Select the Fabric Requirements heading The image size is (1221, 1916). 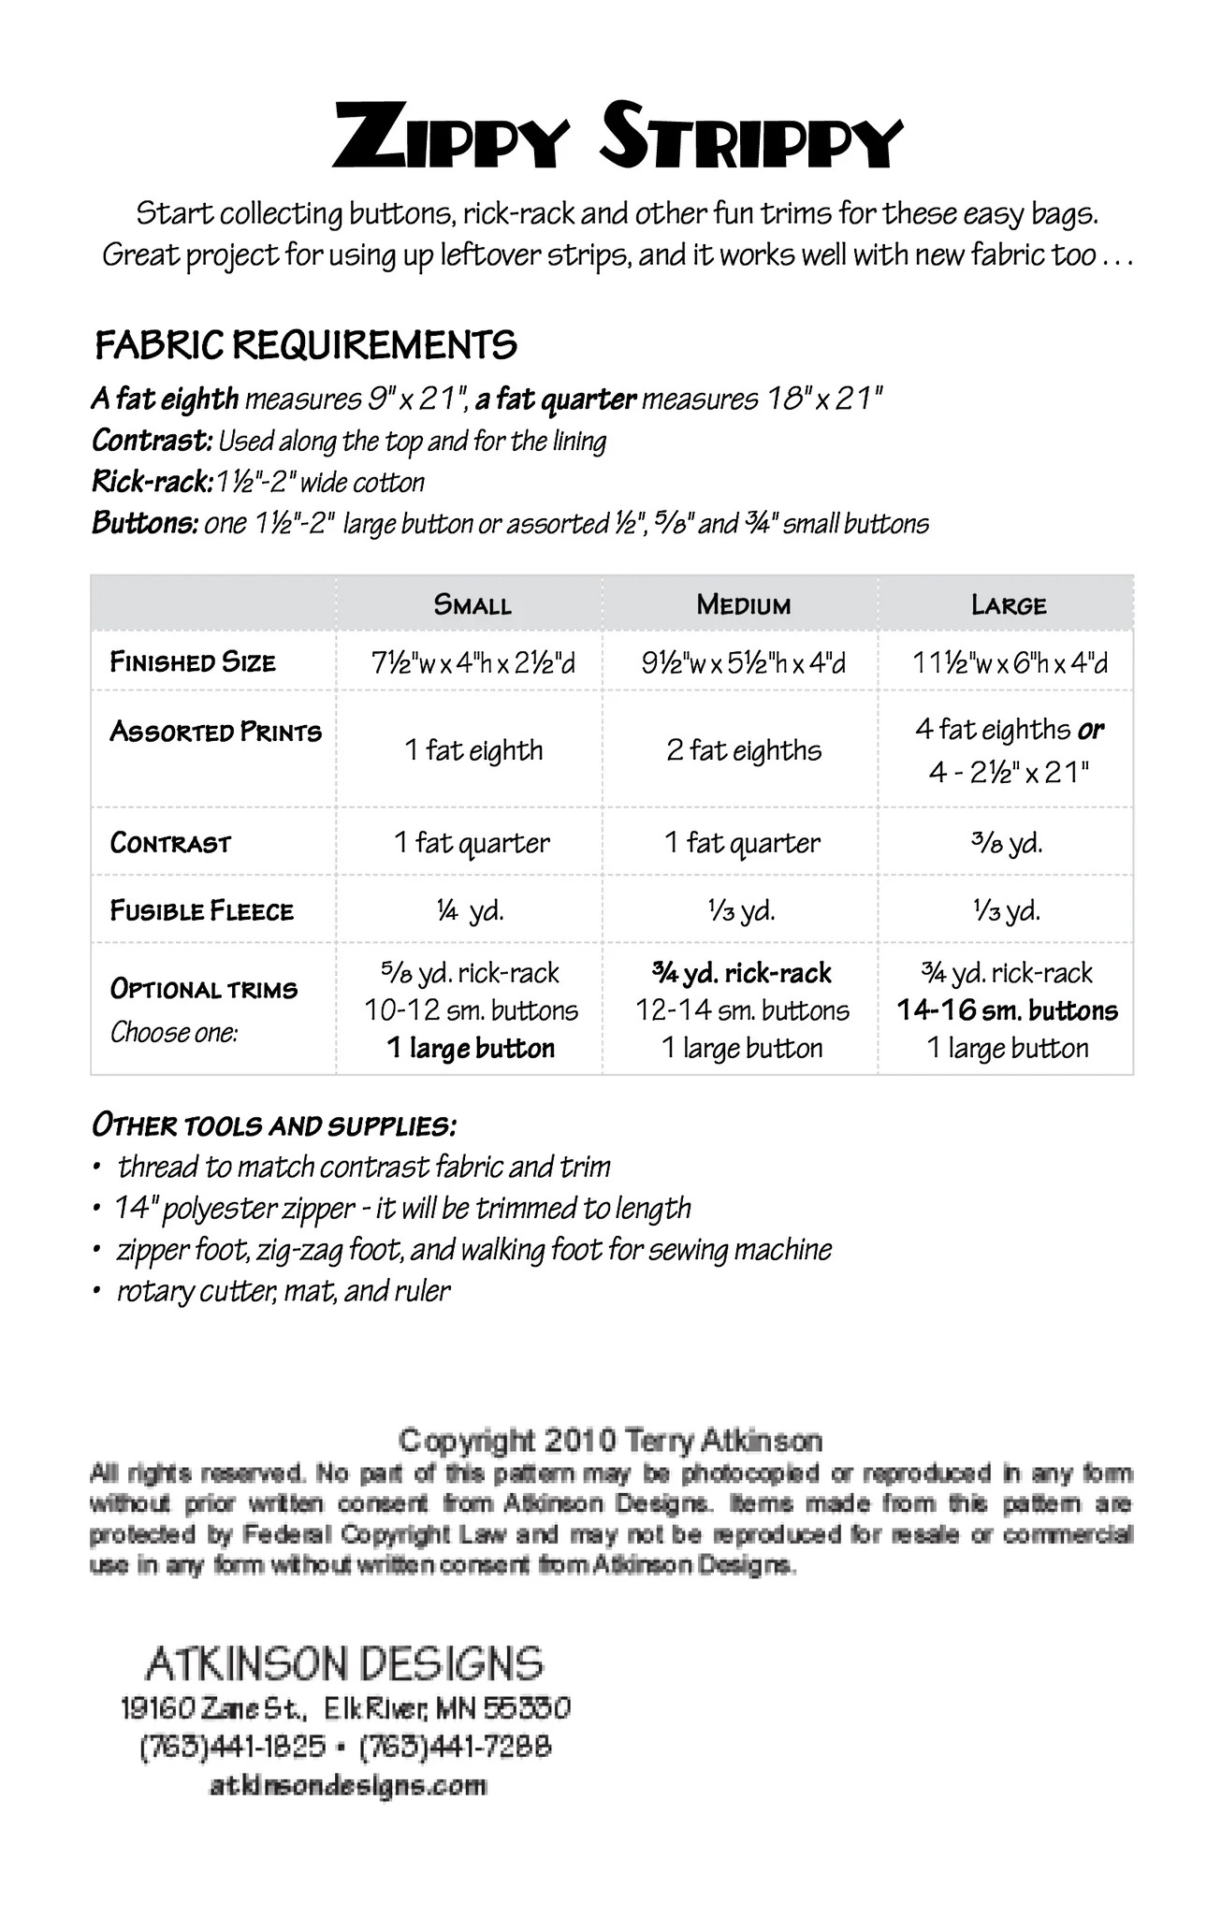click(306, 345)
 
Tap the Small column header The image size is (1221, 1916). click(472, 604)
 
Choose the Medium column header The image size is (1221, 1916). click(743, 604)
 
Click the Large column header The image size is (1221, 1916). click(1008, 604)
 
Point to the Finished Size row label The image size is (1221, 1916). click(193, 662)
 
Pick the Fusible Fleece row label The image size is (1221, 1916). click(201, 910)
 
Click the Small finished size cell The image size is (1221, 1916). click(472, 663)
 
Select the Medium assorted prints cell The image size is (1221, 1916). click(744, 750)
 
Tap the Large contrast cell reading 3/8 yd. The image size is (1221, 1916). click(1007, 843)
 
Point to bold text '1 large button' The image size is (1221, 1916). click(471, 1049)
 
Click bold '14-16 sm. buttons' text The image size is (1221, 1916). click(1007, 1010)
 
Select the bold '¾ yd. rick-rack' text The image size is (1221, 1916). click(742, 974)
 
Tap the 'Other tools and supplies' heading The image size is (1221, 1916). click(274, 1125)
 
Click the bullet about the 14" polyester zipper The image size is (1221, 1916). click(402, 1209)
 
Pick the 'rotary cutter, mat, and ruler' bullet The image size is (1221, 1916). click(283, 1291)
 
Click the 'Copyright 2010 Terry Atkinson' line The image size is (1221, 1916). click(610, 1440)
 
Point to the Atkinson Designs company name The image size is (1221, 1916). click(344, 1663)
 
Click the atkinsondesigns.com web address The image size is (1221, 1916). click(347, 1785)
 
